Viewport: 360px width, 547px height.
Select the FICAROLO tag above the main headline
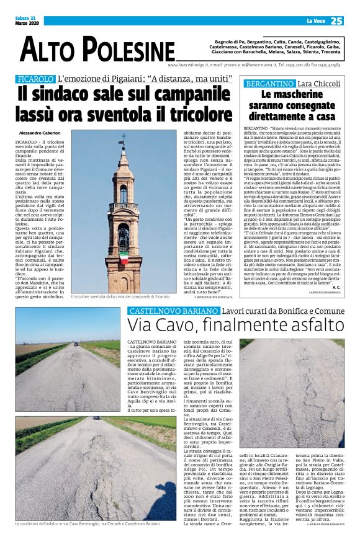[35, 79]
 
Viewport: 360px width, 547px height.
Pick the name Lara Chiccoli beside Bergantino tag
[317, 83]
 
